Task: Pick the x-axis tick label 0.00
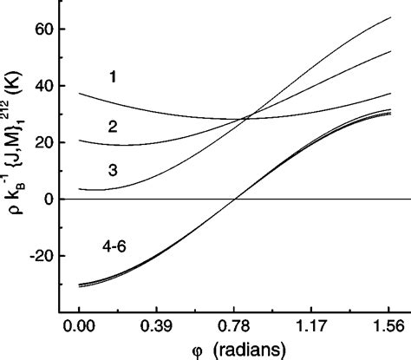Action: point(79,331)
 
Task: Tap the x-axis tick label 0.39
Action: point(157,331)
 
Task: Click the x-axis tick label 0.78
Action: point(235,331)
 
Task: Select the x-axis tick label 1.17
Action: point(313,331)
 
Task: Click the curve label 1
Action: point(113,78)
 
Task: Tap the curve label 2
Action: point(113,127)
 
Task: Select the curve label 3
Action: point(113,169)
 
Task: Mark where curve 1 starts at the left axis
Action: point(79,94)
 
